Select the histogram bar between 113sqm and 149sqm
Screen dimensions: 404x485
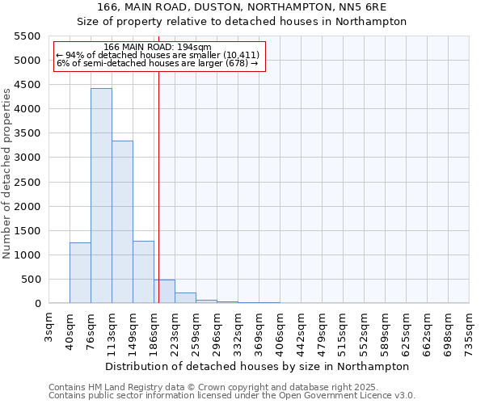[122, 222]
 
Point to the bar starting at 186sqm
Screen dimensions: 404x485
[164, 292]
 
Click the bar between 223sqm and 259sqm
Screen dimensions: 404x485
[185, 298]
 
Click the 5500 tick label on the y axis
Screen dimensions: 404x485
[27, 36]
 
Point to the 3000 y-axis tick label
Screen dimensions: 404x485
[27, 158]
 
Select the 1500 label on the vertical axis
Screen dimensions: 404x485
[27, 231]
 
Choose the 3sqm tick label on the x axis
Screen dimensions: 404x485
[49, 323]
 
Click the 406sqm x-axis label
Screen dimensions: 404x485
[279, 326]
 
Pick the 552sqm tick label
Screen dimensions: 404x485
[364, 326]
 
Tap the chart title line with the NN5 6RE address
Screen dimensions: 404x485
[242, 6]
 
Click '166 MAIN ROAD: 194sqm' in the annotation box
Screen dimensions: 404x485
[158, 48]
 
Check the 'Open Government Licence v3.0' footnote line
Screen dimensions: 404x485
[232, 396]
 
